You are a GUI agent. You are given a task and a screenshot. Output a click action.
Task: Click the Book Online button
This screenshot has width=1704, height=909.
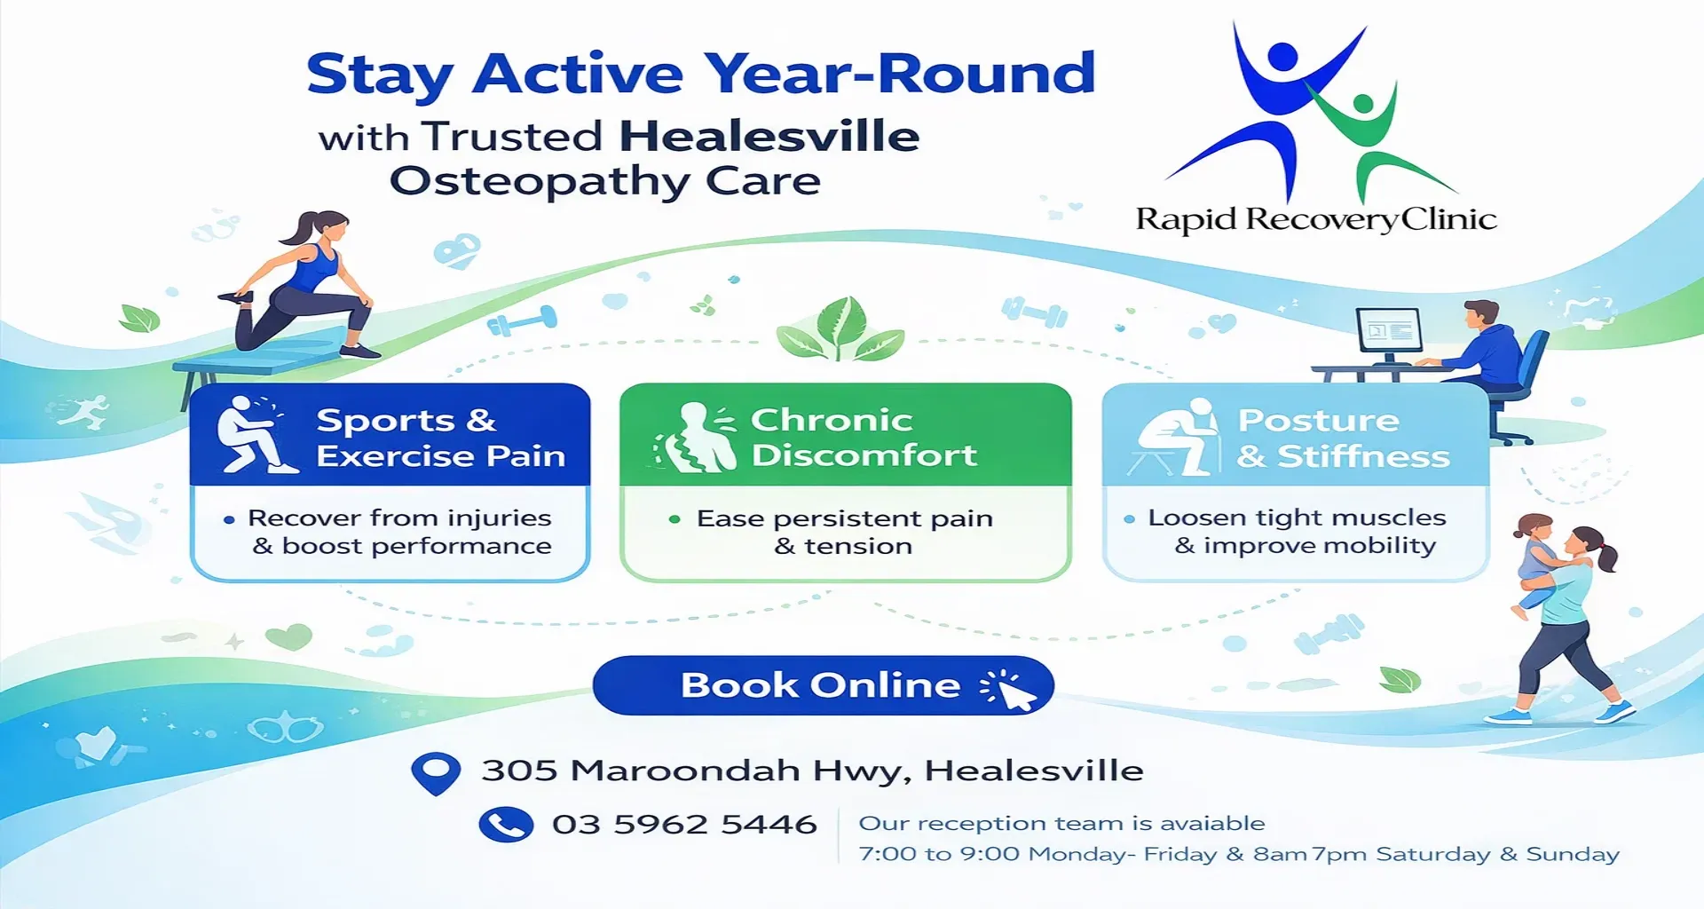pos(823,685)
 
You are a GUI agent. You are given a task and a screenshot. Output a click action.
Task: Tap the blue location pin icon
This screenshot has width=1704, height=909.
pos(436,772)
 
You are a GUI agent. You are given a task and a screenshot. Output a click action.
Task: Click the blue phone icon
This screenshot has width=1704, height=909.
pos(506,825)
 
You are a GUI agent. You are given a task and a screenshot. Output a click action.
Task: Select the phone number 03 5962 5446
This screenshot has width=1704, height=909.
pos(684,825)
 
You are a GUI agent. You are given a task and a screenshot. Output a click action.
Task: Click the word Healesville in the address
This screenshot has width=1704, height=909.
pos(1034,771)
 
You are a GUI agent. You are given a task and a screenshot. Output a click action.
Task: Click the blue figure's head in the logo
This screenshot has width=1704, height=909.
pos(1282,57)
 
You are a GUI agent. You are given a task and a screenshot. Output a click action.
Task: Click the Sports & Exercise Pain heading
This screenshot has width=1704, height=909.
pos(441,438)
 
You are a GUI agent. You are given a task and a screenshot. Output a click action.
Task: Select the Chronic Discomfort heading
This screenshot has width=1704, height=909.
pos(864,438)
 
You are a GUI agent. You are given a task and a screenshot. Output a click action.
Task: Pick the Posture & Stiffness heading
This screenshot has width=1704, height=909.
pos(1344,438)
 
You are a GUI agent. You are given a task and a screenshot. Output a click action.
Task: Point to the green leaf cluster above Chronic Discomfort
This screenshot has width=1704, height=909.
pos(840,330)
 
